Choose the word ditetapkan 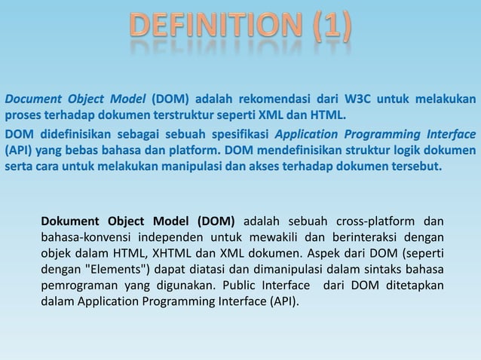tap(414, 286)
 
